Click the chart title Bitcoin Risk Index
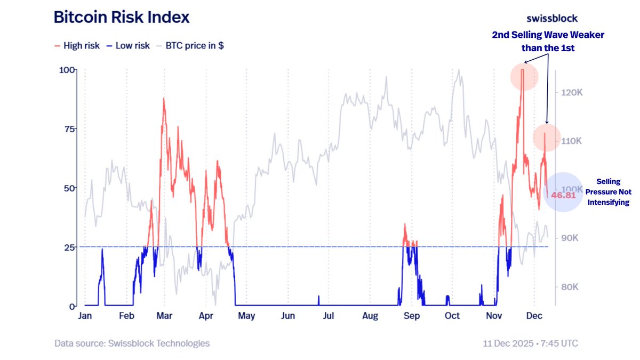pos(122,17)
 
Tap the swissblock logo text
pos(552,18)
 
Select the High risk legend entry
pos(77,46)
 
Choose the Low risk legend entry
pos(128,46)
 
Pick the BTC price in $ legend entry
pos(190,46)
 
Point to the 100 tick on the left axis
pos(66,70)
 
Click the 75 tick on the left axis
pos(68,129)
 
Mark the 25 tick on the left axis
pos(68,247)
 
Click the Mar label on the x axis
pos(165,316)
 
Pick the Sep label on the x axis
pos(411,316)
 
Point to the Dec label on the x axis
pos(535,316)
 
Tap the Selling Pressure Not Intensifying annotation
pos(609,192)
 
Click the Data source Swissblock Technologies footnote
pos(132,343)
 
